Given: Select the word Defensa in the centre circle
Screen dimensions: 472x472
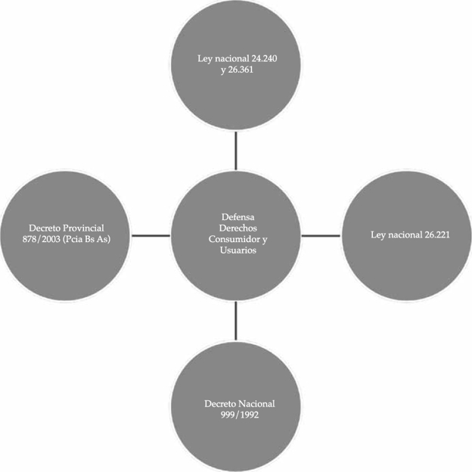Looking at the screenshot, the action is [x=235, y=218].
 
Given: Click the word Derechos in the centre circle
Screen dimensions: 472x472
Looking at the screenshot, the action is [x=235, y=228].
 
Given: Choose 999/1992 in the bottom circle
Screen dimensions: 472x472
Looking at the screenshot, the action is [x=235, y=415].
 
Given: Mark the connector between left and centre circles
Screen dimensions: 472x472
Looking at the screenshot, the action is [x=151, y=236].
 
